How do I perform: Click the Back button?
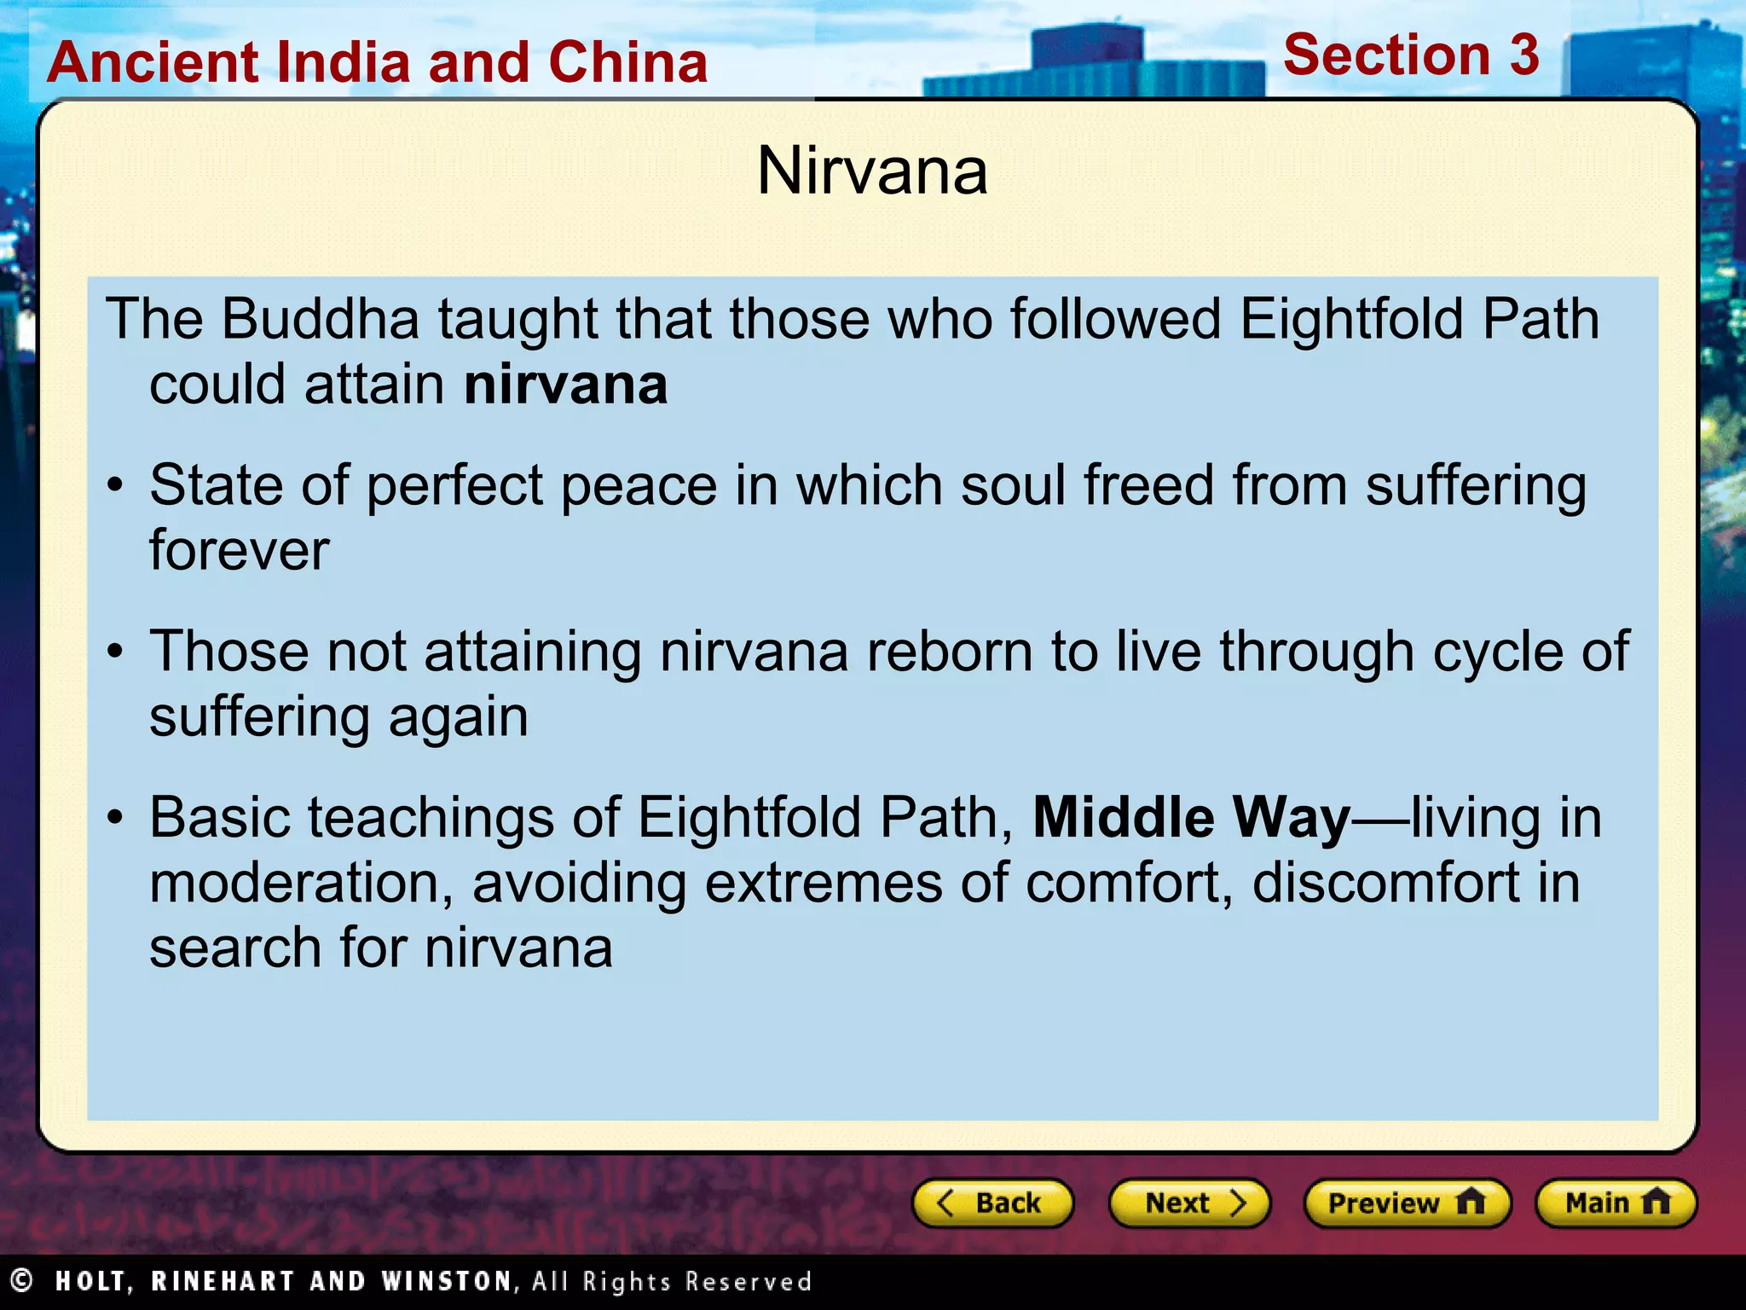click(992, 1203)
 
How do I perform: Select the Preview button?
click(1407, 1203)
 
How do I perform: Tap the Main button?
click(1616, 1203)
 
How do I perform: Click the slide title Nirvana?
click(872, 171)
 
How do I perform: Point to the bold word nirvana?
click(565, 385)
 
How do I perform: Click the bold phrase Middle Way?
click(1191, 817)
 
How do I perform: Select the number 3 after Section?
click(1523, 55)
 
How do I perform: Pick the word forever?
click(239, 550)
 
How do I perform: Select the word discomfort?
click(1385, 883)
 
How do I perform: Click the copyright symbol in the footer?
click(21, 1280)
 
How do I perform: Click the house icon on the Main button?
click(1655, 1202)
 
